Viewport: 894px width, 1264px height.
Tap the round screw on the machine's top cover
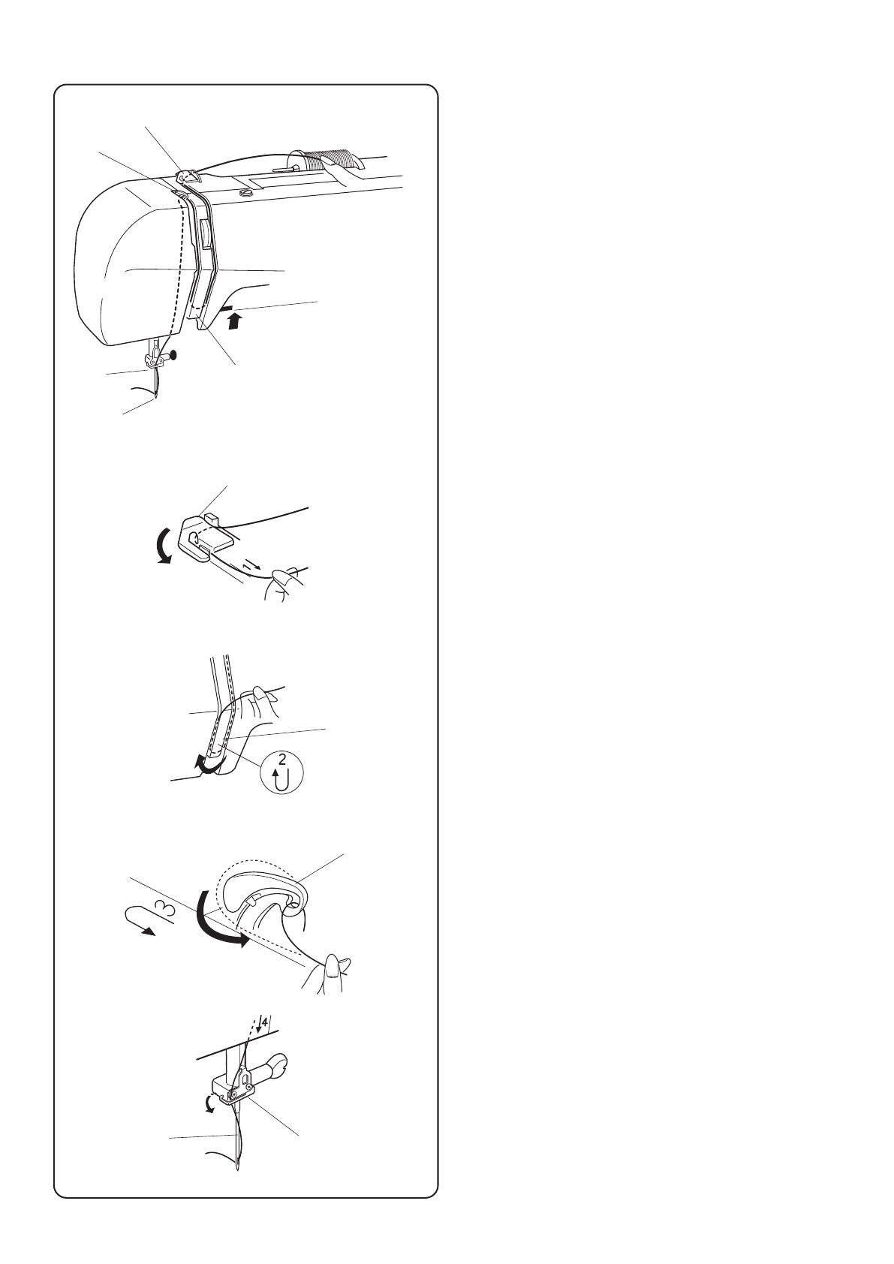[245, 193]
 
